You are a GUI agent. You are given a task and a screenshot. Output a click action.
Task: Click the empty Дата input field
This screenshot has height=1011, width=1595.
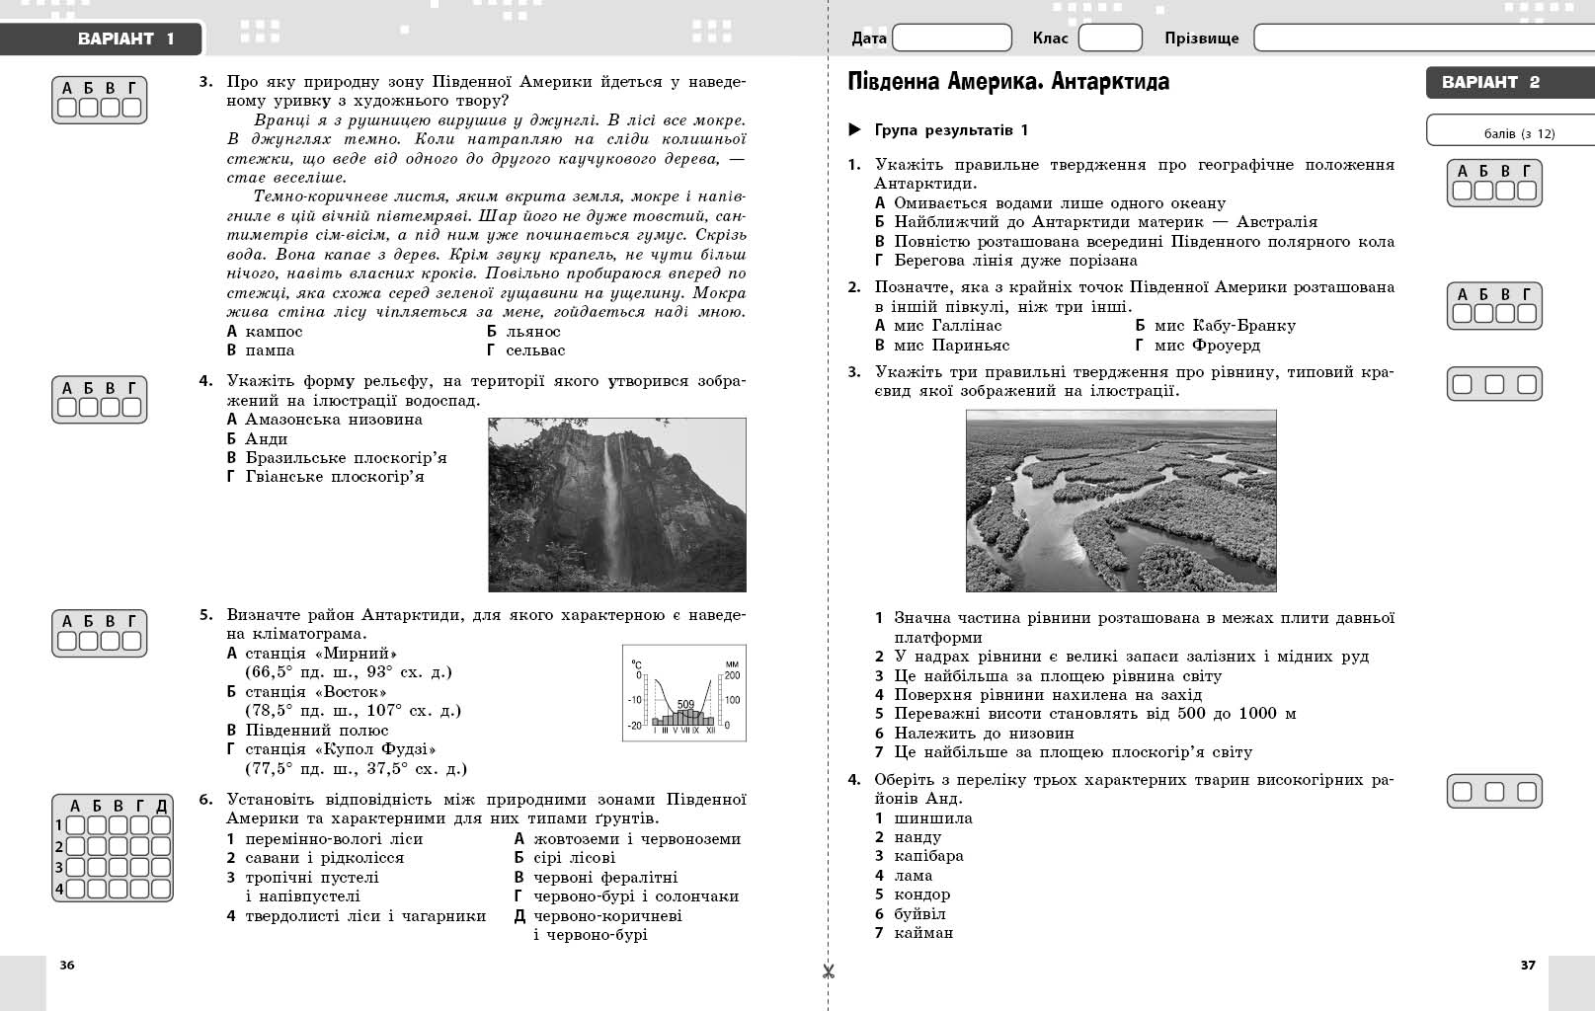tap(951, 39)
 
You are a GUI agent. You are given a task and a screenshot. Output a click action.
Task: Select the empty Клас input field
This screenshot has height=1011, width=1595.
tap(1109, 39)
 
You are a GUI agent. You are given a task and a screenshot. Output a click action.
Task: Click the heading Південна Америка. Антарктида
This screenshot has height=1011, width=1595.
tap(1008, 82)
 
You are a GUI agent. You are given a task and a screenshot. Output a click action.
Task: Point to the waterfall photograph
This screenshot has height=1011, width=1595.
tap(617, 505)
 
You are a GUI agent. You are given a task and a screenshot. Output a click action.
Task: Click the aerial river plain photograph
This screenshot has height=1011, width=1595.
tap(1120, 501)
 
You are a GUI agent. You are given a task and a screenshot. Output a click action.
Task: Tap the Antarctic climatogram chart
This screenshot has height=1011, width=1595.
tap(683, 693)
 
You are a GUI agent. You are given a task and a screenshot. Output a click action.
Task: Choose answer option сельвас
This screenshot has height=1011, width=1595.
tap(534, 350)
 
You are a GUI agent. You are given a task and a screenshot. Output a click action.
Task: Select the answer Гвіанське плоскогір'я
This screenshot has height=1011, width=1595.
tap(334, 477)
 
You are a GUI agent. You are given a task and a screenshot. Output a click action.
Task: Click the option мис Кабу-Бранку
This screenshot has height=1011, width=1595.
tap(1224, 326)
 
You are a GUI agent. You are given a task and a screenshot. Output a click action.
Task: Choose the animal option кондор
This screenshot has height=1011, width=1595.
tap(921, 894)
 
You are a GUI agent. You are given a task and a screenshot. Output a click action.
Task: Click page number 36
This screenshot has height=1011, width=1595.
tap(67, 965)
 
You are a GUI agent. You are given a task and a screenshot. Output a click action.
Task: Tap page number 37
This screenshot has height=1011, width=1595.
tap(1528, 965)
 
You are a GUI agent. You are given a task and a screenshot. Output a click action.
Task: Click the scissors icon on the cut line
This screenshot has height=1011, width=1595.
tap(828, 972)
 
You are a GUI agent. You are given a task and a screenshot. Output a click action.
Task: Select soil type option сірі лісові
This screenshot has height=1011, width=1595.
tap(573, 858)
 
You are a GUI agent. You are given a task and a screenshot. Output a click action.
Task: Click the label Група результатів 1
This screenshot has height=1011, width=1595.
tap(950, 130)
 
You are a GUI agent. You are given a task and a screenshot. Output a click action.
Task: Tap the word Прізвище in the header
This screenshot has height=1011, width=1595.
tap(1201, 39)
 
